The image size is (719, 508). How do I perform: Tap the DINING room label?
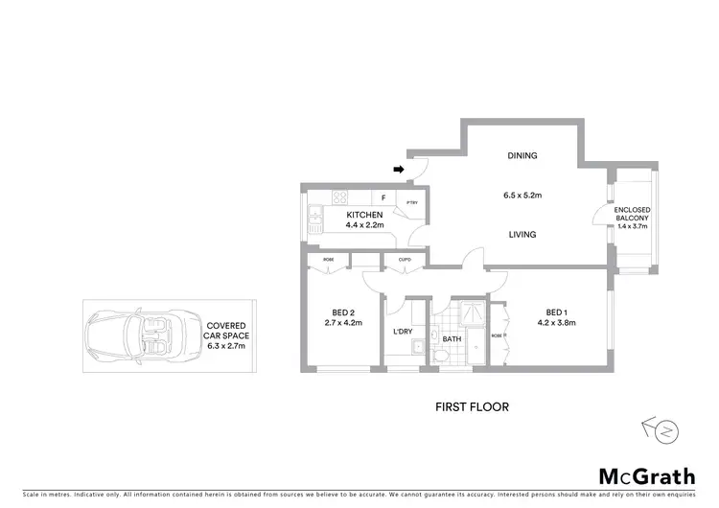coord(522,156)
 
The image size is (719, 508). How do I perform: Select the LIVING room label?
coord(522,235)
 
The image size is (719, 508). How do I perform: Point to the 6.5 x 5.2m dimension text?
coord(522,196)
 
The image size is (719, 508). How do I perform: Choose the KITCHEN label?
coord(364,215)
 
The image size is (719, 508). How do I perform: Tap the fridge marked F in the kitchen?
coord(383,199)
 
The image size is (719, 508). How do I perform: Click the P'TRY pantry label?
coord(411,202)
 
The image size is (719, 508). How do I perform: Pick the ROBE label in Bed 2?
coord(328,259)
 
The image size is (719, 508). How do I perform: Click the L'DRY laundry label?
coord(403,332)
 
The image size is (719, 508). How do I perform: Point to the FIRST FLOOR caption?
coord(472,406)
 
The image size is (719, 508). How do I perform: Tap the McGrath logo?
coord(647,475)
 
